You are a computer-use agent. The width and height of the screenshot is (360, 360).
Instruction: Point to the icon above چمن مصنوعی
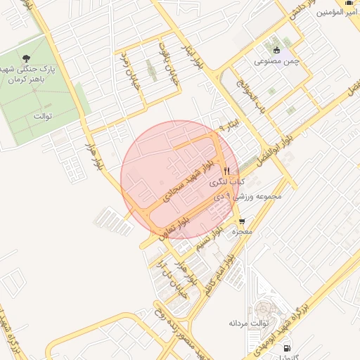276,49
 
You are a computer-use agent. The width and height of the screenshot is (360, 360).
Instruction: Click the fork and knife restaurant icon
226,171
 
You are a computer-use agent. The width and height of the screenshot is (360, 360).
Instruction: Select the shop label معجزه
244,231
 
